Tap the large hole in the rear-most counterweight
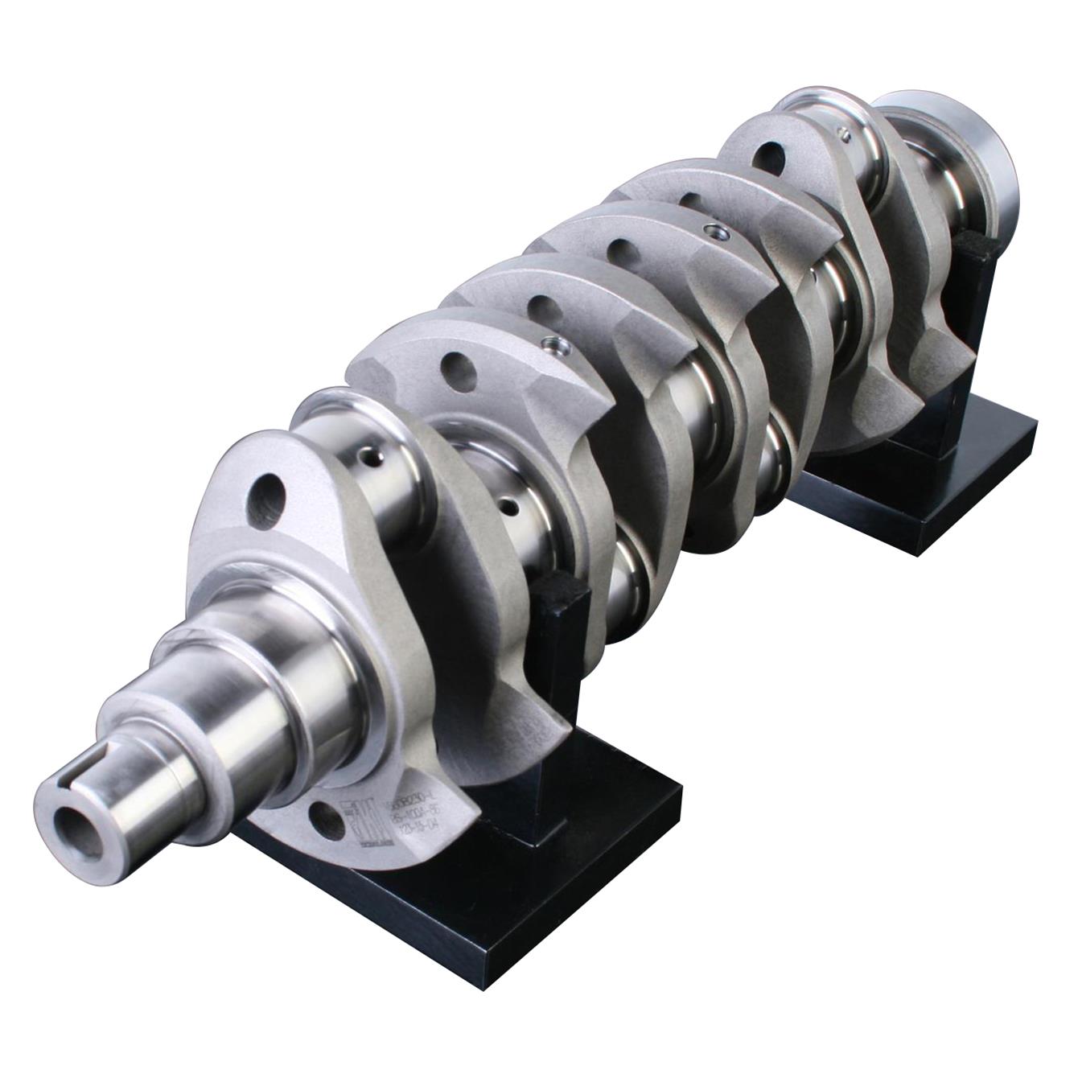pos(771,154)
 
